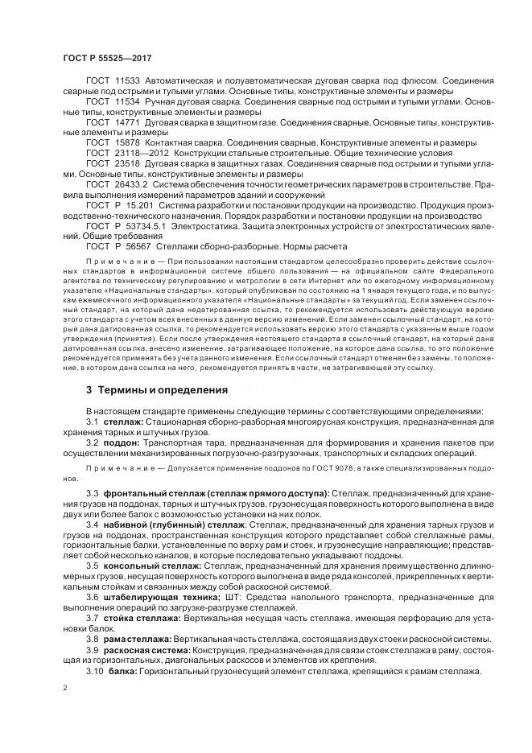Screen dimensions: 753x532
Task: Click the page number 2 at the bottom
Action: pos(65,688)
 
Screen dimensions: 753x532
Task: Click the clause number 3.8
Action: pos(92,638)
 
